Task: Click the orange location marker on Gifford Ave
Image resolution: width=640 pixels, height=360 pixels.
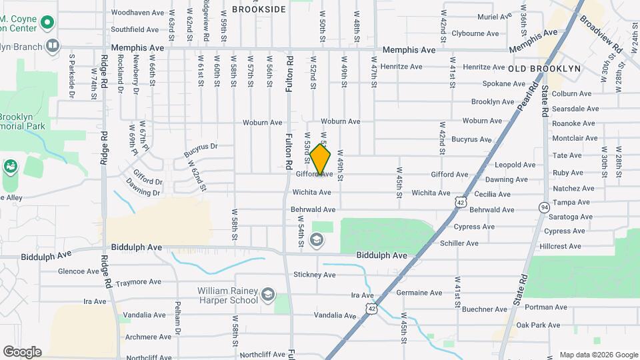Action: pyautogui.click(x=321, y=159)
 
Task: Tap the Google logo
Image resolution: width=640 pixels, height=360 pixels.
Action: pyautogui.click(x=22, y=351)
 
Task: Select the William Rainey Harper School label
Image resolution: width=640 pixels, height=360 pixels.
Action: pyautogui.click(x=227, y=295)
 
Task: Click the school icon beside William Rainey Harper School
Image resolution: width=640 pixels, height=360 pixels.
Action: pyautogui.click(x=267, y=294)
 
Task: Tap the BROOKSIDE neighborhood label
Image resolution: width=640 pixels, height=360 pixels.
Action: pyautogui.click(x=259, y=9)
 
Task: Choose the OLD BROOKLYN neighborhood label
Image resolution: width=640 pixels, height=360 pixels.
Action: pyautogui.click(x=544, y=69)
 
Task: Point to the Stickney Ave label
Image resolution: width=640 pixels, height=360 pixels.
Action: pyautogui.click(x=314, y=275)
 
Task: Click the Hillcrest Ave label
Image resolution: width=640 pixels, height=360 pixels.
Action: pyautogui.click(x=561, y=246)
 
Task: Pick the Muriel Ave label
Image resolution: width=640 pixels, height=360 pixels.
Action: pyautogui.click(x=494, y=17)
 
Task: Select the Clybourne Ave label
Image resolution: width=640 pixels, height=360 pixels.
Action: pyautogui.click(x=475, y=33)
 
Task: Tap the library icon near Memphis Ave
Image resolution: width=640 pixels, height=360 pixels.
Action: pyautogui.click(x=53, y=46)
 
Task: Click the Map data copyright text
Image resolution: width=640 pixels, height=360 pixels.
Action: pyautogui.click(x=598, y=355)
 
